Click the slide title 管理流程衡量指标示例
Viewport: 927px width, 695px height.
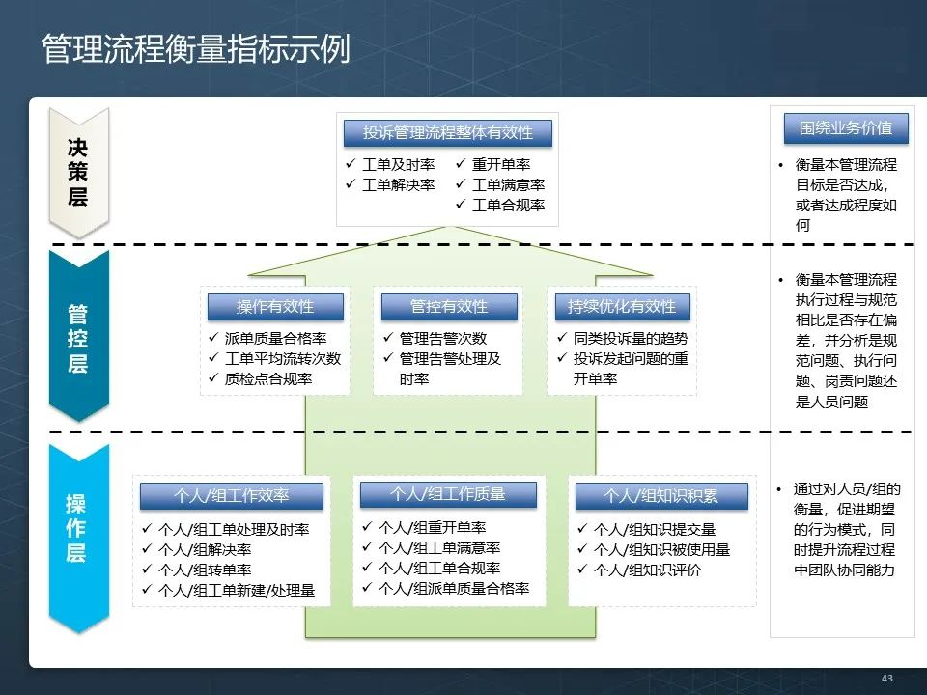[196, 48]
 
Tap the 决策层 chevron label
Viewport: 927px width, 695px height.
[77, 172]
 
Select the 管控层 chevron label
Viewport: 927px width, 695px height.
[77, 338]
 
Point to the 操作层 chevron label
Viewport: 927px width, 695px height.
[76, 528]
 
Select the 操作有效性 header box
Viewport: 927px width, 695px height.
[275, 307]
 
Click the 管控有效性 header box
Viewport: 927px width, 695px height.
[449, 307]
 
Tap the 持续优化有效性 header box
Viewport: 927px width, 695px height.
[622, 307]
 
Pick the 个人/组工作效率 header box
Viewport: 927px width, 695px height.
[231, 496]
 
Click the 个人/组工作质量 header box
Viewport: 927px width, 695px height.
[447, 493]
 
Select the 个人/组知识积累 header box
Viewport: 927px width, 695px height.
[660, 496]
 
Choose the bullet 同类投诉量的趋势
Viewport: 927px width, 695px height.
[631, 339]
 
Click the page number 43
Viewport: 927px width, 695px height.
[886, 679]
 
